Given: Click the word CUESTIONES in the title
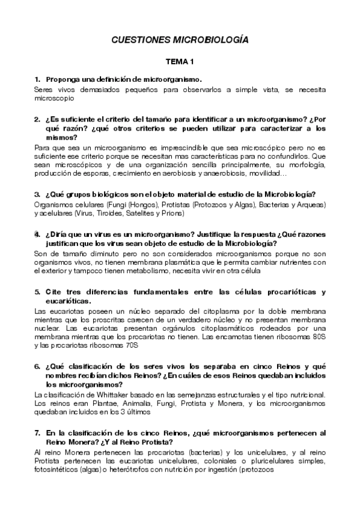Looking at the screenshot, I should point(141,40).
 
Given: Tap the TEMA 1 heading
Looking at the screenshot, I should point(180,62).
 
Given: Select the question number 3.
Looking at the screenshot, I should point(37,194).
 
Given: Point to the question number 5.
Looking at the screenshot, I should point(37,292).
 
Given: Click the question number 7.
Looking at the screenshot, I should point(37,432).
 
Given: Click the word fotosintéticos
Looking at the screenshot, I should point(56,470).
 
